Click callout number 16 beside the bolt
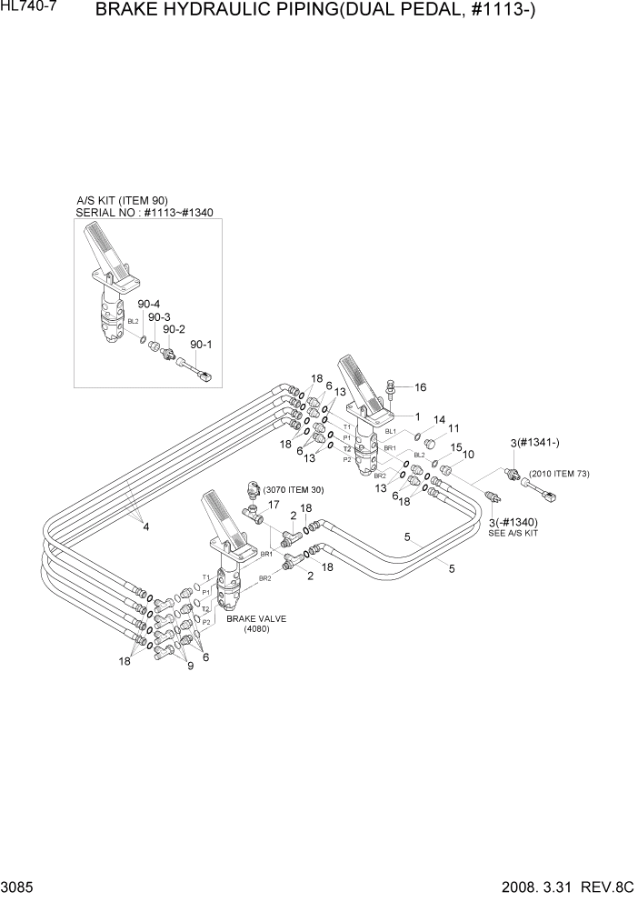[x=420, y=387]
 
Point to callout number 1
[x=417, y=417]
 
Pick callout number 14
[x=439, y=420]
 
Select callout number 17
[x=273, y=505]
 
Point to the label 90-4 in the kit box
[x=148, y=304]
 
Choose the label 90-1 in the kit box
[x=200, y=345]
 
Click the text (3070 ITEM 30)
[x=293, y=490]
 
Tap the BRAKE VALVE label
[x=256, y=618]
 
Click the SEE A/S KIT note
[x=513, y=534]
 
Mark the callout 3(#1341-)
[x=534, y=442]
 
